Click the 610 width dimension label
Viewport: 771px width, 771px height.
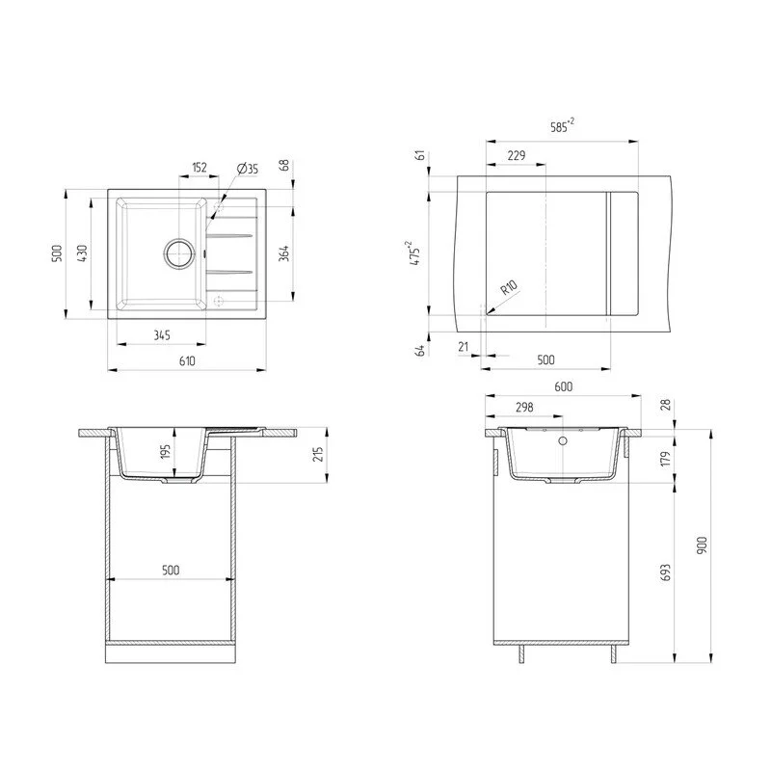pyautogui.click(x=187, y=360)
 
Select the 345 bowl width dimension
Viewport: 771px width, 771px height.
pyautogui.click(x=162, y=335)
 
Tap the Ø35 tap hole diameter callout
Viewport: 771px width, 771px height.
pyautogui.click(x=248, y=170)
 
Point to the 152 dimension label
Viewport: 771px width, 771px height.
pyautogui.click(x=199, y=167)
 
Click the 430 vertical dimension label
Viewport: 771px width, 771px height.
pyautogui.click(x=82, y=253)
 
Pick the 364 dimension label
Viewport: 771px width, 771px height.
pyautogui.click(x=283, y=253)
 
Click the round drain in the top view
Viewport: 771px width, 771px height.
pyautogui.click(x=179, y=253)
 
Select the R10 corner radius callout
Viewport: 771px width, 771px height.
pyautogui.click(x=509, y=287)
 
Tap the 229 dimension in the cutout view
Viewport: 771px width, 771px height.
pyautogui.click(x=517, y=155)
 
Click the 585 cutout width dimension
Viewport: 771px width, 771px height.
pyautogui.click(x=562, y=126)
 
